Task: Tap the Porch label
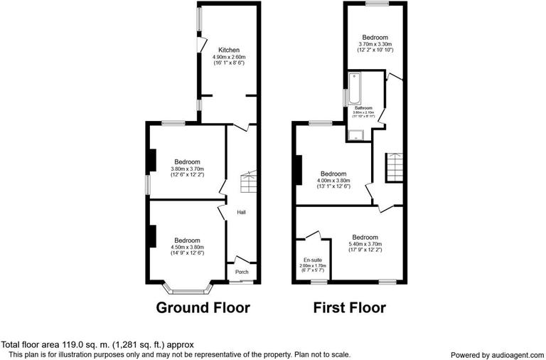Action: point(242,271)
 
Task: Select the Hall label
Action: point(241,212)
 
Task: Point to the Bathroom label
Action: point(363,108)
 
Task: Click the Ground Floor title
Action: point(203,308)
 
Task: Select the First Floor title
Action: point(350,308)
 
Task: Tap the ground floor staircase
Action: point(249,184)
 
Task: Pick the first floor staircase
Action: point(395,168)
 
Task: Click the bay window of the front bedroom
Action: point(187,289)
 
